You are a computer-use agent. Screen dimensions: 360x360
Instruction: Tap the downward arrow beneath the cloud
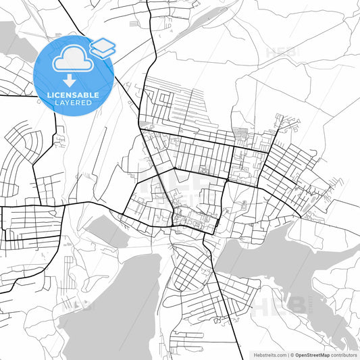[70, 80]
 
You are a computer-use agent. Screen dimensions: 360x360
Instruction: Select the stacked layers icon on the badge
[102, 47]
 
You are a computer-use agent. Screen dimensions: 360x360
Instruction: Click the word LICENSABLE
[72, 94]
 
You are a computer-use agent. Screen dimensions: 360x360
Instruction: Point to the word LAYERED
[72, 102]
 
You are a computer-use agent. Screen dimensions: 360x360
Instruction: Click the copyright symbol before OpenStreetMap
[291, 354]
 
